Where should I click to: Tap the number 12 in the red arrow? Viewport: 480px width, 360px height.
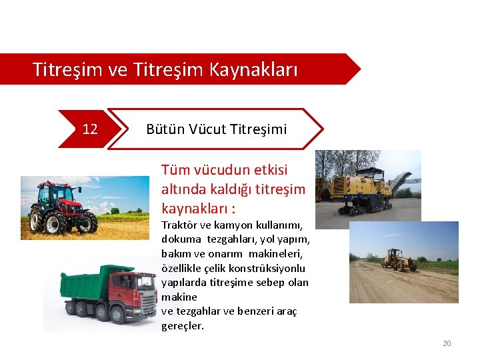tap(90, 129)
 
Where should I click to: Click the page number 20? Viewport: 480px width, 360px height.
tap(447, 343)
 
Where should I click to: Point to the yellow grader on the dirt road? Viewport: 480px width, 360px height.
tap(399, 260)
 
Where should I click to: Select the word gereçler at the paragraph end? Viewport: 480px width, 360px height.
tap(182, 326)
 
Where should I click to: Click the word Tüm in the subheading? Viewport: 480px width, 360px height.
tap(175, 170)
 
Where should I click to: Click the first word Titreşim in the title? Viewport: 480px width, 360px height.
tap(63, 69)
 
